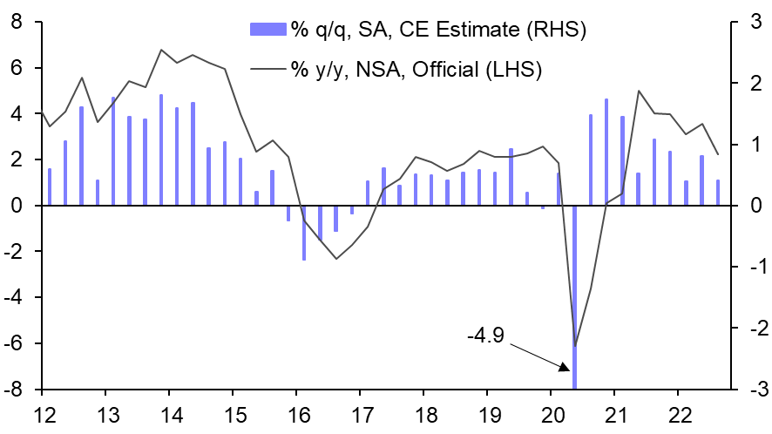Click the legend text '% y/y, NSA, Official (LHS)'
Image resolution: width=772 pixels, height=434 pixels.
[417, 69]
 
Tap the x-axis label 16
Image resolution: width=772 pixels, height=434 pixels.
[296, 413]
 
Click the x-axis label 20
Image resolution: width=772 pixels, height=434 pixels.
[552, 413]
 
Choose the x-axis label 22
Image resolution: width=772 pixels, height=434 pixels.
[680, 413]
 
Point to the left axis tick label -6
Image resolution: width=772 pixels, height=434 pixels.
[13, 343]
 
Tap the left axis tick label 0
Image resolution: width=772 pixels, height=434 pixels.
[17, 206]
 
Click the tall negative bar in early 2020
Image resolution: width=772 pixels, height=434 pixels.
[575, 296]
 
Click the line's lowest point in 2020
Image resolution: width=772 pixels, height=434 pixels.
[575, 346]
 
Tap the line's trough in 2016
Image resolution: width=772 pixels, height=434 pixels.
[336, 258]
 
